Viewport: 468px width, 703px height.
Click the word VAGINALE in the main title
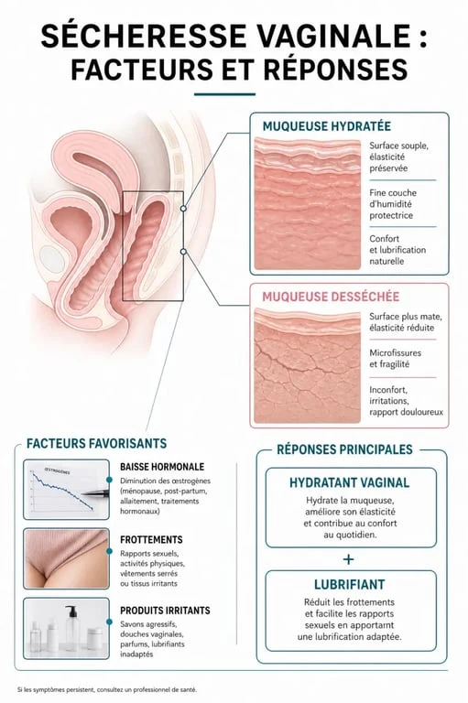pyautogui.click(x=334, y=36)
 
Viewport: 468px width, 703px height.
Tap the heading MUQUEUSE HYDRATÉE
pyautogui.click(x=326, y=126)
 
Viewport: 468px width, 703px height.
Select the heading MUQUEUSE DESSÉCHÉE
pyautogui.click(x=331, y=297)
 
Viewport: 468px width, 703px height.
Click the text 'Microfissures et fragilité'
pyautogui.click(x=395, y=358)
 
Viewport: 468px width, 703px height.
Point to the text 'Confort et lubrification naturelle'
pyautogui.click(x=397, y=250)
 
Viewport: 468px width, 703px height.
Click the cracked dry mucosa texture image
pyautogui.click(x=308, y=366)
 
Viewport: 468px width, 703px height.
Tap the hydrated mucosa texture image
pyautogui.click(x=308, y=203)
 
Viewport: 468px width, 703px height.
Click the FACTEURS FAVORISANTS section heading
pyautogui.click(x=96, y=443)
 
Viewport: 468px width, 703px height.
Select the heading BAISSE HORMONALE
pyautogui.click(x=162, y=467)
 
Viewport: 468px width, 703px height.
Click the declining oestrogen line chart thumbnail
pyautogui.click(x=67, y=489)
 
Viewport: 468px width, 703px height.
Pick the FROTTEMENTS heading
pyautogui.click(x=151, y=539)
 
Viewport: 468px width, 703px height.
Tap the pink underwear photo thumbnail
pyautogui.click(x=67, y=558)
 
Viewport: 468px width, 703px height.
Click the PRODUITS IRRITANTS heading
pyautogui.click(x=165, y=611)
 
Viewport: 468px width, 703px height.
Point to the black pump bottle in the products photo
pyautogui.click(x=71, y=627)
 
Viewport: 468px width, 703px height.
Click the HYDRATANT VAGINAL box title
pyautogui.click(x=349, y=482)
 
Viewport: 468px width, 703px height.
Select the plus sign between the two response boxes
pyautogui.click(x=348, y=559)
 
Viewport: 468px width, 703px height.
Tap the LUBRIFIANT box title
pyautogui.click(x=349, y=585)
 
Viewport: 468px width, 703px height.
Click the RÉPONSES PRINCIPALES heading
pyautogui.click(x=344, y=449)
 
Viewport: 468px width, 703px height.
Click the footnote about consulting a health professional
pyautogui.click(x=107, y=689)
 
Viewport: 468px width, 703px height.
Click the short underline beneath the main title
pyautogui.click(x=224, y=94)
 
